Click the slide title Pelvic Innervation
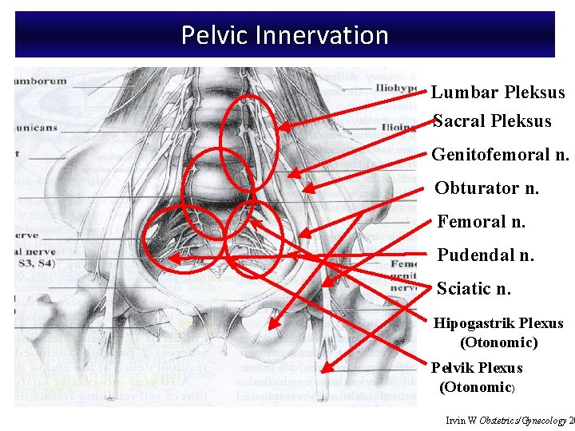[284, 35]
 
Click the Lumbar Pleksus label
[498, 93]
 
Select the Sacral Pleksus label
[492, 121]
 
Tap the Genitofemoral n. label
[500, 154]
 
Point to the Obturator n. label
[486, 188]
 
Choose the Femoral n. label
[481, 221]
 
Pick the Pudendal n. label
[485, 255]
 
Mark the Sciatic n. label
[474, 288]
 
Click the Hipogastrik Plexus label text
[498, 323]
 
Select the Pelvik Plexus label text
[477, 368]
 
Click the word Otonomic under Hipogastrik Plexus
[498, 342]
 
